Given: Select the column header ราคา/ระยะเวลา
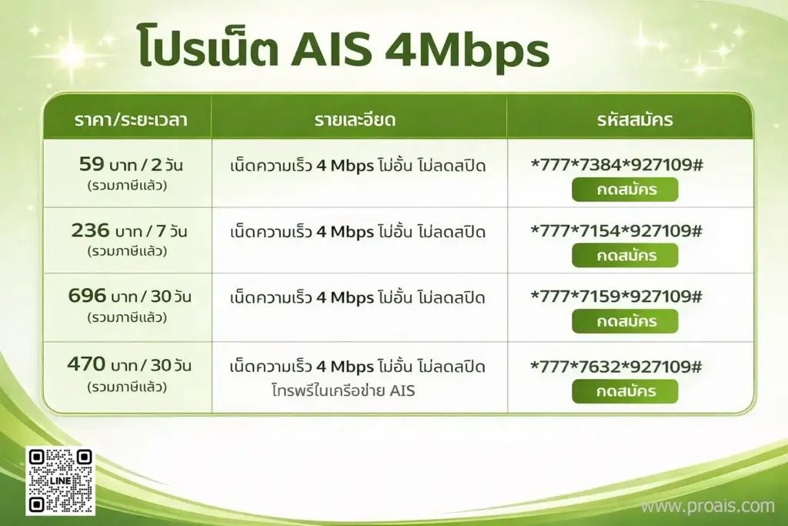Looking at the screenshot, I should pyautogui.click(x=131, y=120).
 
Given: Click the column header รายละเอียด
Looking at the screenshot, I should pyautogui.click(x=359, y=120).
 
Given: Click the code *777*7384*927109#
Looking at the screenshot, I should pyautogui.click(x=616, y=165).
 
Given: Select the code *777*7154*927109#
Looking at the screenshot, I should pyautogui.click(x=616, y=231).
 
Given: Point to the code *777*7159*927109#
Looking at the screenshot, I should pyautogui.click(x=616, y=297).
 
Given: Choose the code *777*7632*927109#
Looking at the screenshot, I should pyautogui.click(x=616, y=367).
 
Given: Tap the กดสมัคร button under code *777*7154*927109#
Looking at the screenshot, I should pyautogui.click(x=625, y=255).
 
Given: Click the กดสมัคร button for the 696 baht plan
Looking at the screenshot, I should pyautogui.click(x=625, y=321).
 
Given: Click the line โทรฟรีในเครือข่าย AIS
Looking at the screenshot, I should pyautogui.click(x=343, y=390).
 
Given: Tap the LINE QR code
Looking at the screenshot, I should pyautogui.click(x=60, y=481).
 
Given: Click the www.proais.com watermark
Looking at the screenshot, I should pyautogui.click(x=707, y=506).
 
